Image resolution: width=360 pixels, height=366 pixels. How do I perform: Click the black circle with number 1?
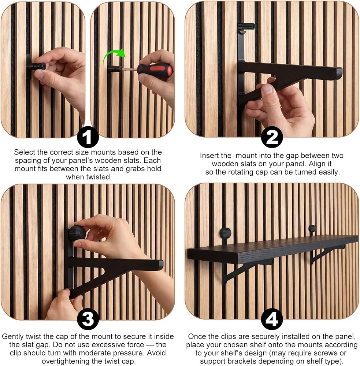click(88, 137)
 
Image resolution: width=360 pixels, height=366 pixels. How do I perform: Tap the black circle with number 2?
click(272, 137)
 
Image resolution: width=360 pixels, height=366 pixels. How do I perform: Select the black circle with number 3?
click(88, 319)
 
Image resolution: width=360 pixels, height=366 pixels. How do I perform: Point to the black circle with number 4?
click(272, 319)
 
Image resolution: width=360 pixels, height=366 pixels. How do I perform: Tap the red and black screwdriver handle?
click(155, 70)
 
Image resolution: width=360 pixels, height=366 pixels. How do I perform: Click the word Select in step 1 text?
click(25, 152)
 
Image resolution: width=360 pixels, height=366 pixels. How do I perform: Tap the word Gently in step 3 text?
click(13, 336)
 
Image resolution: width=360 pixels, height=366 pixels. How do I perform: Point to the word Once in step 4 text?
click(197, 336)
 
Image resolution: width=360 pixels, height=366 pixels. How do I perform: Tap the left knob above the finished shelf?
click(225, 233)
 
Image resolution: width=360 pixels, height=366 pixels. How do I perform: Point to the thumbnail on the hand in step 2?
click(267, 89)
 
